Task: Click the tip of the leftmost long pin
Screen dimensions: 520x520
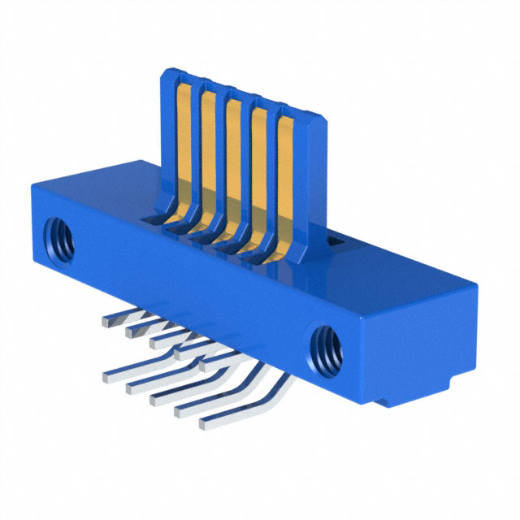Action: (106, 375)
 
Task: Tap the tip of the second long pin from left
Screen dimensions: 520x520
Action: (129, 388)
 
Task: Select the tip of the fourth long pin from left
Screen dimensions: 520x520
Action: (176, 410)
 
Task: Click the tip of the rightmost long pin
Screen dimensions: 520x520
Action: (203, 422)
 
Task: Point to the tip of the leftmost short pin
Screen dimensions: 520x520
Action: (108, 319)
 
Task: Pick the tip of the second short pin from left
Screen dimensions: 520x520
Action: (130, 331)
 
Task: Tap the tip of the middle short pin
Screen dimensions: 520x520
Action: (154, 342)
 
